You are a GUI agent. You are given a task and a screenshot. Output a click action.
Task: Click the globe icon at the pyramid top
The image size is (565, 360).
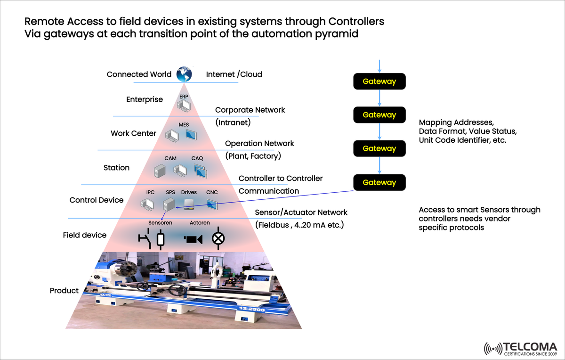coord(184,74)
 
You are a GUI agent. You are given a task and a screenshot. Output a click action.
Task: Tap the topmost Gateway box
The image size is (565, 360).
coord(379,82)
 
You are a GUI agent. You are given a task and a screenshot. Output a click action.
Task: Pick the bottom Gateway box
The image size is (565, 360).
coord(379,182)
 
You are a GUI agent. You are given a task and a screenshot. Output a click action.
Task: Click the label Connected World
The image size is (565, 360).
coord(139,74)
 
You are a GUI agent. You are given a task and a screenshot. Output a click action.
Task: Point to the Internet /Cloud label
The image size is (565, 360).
coord(234,74)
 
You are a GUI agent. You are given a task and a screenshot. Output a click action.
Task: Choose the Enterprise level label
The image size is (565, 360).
coord(145,99)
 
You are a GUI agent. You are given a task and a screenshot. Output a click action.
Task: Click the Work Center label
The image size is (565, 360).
coord(133,133)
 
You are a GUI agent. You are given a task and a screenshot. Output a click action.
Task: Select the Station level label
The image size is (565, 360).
coord(116,167)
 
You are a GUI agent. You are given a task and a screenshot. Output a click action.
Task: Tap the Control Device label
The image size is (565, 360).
coord(96,200)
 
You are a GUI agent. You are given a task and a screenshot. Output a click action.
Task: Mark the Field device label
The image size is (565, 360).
coord(85,235)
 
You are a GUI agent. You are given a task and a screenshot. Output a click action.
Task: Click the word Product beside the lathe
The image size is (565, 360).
coord(64,291)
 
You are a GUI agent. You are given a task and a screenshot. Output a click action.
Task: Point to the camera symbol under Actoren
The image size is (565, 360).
coord(193,239)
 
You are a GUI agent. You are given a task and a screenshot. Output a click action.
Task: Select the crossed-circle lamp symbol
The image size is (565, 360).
coord(218,238)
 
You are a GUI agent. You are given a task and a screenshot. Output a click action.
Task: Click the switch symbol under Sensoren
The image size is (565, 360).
coord(145,239)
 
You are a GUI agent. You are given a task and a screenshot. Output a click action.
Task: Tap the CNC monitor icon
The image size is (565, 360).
coord(212,204)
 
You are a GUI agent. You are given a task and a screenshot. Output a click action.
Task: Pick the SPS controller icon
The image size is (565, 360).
coord(169,204)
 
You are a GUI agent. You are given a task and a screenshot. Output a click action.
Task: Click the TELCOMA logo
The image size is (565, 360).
coord(520,348)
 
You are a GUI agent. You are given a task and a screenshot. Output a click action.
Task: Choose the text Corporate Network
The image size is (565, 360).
coord(250,110)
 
